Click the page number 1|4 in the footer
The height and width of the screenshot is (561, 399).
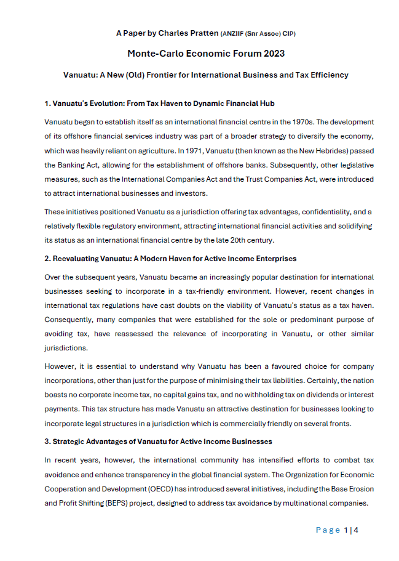[351, 530]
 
